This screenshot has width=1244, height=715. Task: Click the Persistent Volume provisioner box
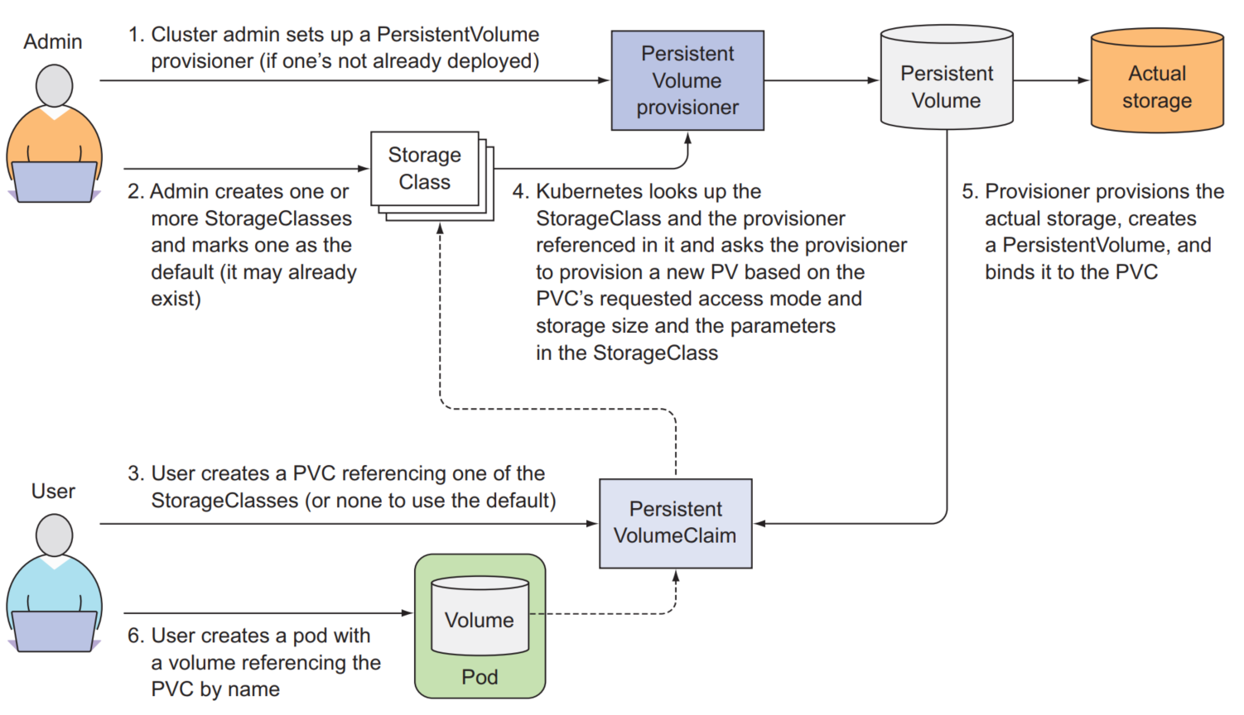pyautogui.click(x=687, y=80)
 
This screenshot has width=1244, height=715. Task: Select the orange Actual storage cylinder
pyautogui.click(x=1157, y=83)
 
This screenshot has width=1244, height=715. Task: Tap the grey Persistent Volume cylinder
pyautogui.click(x=947, y=83)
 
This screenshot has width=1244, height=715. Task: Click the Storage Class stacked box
pyautogui.click(x=425, y=169)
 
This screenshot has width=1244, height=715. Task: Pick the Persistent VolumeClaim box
pyautogui.click(x=675, y=523)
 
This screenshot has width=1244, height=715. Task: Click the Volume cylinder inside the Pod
pyautogui.click(x=480, y=617)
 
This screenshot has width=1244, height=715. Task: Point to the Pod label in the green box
pyautogui.click(x=480, y=677)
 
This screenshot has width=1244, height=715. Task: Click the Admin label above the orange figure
pyautogui.click(x=53, y=41)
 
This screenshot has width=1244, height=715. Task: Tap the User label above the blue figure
pyautogui.click(x=53, y=491)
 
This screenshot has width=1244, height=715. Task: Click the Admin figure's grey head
pyautogui.click(x=54, y=85)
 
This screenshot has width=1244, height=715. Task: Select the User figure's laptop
pyautogui.click(x=54, y=631)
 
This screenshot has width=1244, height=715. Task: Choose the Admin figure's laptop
pyautogui.click(x=54, y=182)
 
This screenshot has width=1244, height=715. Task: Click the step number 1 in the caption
pyautogui.click(x=136, y=35)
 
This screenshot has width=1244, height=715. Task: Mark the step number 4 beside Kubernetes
pyautogui.click(x=519, y=192)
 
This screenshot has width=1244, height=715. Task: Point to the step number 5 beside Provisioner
pyautogui.click(x=969, y=192)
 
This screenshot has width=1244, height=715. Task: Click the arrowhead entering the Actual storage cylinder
pyautogui.click(x=1083, y=80)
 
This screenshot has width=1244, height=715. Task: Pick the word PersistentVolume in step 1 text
pyautogui.click(x=457, y=35)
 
